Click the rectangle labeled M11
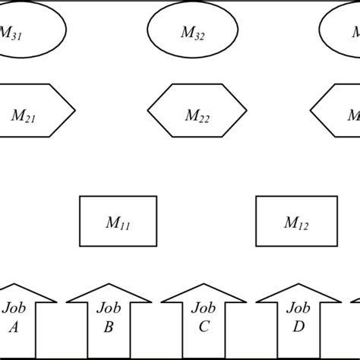coord(118,221)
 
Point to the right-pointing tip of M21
coord(74,111)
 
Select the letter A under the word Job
coord(13,328)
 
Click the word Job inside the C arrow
coord(202,309)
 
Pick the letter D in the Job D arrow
coord(298,328)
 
